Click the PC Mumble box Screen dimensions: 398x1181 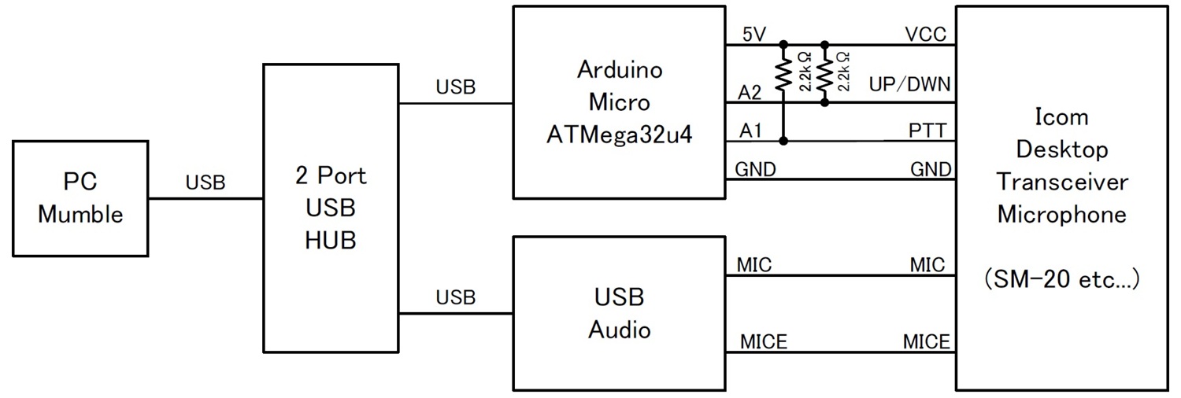[x=80, y=198]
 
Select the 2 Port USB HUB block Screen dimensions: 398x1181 [x=331, y=208]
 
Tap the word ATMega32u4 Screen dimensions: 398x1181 [x=619, y=135]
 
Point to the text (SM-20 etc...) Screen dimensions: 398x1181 [x=1061, y=279]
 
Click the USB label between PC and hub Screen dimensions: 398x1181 [x=205, y=183]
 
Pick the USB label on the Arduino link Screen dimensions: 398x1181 [x=456, y=87]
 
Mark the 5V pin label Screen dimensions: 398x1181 [x=754, y=34]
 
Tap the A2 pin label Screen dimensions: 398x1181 [x=750, y=93]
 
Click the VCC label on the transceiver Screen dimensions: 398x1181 [x=926, y=34]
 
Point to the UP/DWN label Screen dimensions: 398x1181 [x=910, y=84]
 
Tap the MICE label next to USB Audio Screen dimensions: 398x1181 [x=764, y=342]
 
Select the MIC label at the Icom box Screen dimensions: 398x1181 [x=927, y=266]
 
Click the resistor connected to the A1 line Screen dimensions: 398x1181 [x=783, y=76]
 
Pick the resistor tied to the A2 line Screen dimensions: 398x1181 [x=824, y=76]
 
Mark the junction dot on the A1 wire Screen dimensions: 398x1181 [x=783, y=142]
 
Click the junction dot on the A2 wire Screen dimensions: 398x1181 [x=824, y=102]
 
